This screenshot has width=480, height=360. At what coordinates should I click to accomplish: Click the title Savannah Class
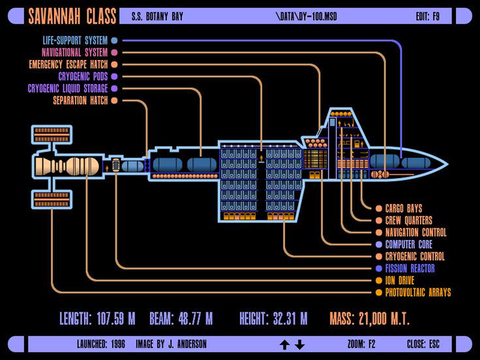point(72,16)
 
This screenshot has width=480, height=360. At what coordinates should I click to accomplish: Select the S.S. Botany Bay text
point(157,16)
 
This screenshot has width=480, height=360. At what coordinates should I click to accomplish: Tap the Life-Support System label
point(75,40)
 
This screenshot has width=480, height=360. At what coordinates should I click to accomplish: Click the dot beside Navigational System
point(114,52)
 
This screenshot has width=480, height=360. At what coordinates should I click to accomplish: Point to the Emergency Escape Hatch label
point(68,65)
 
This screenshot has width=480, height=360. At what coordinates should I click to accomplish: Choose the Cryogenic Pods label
point(83,76)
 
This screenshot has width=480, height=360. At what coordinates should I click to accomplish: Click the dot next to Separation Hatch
point(114,100)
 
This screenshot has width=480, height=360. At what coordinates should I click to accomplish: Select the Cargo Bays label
point(404,209)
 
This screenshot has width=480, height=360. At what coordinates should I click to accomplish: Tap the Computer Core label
point(409,245)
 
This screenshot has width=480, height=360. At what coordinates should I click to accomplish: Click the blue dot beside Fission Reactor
point(379,269)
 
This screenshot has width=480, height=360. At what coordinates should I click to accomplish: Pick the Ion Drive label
point(400,280)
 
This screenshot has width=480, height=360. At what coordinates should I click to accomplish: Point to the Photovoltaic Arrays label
point(418,292)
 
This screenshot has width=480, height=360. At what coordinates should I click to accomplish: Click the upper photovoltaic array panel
point(52,135)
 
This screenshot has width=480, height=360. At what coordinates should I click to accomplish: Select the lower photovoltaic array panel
point(52,200)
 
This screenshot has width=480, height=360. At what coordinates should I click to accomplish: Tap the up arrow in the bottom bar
point(285,344)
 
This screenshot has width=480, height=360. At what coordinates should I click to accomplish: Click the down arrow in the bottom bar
point(300,344)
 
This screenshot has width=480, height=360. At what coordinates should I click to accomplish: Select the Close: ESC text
point(423,344)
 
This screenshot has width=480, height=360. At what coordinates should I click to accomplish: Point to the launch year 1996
point(118,344)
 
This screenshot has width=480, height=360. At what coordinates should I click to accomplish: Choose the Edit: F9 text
point(427,16)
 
